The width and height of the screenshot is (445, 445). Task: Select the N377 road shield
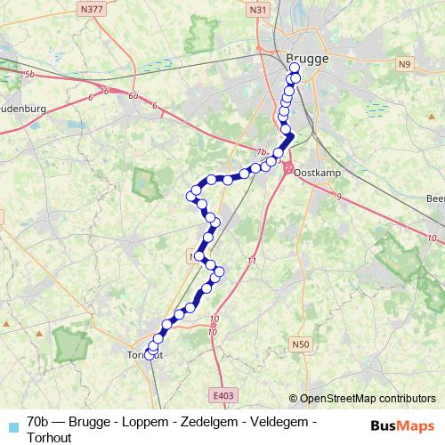90,10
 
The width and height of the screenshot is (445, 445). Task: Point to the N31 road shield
259,10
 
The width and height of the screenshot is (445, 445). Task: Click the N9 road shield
405,64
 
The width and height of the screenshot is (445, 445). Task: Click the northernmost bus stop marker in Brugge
295,68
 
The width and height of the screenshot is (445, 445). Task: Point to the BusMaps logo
402,425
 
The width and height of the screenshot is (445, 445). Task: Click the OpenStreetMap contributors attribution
362,399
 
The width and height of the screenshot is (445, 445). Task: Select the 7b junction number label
261,152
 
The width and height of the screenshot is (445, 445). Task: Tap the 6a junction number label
133,96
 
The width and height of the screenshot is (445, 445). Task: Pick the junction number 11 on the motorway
252,261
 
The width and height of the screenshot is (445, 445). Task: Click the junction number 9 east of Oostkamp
339,196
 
